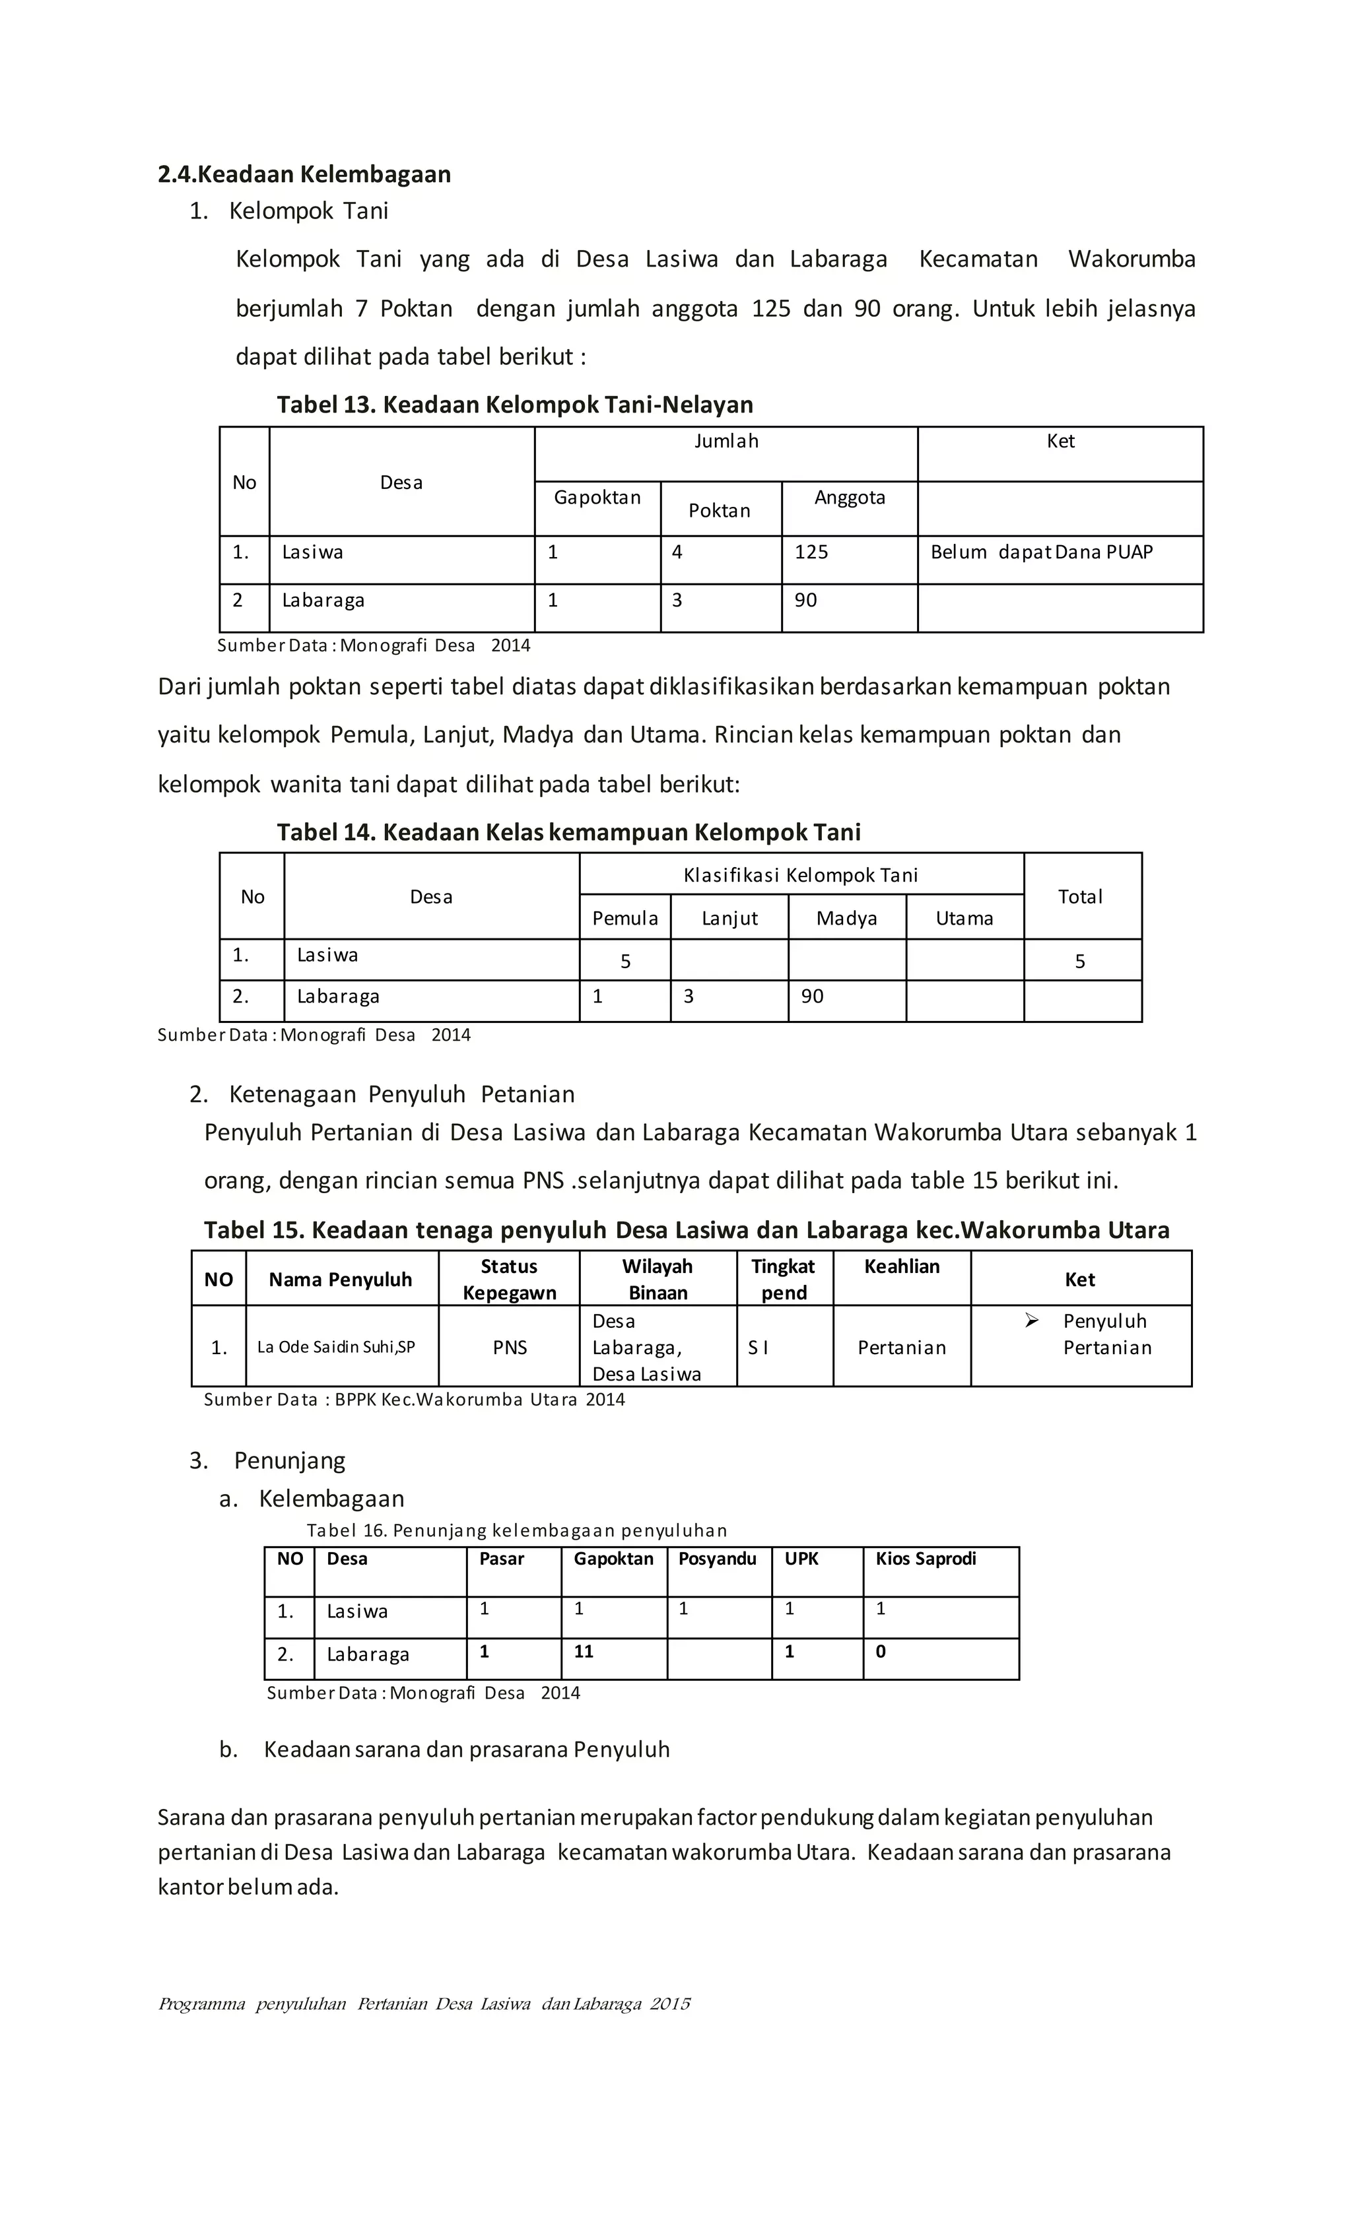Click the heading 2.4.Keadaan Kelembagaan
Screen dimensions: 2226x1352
pyautogui.click(x=304, y=174)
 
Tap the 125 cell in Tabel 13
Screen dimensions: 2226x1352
pyautogui.click(x=811, y=552)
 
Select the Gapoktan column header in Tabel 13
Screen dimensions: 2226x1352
pyautogui.click(x=597, y=498)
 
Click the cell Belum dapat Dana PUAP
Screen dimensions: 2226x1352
pyautogui.click(x=1041, y=552)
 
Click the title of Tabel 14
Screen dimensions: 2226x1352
pyautogui.click(x=568, y=832)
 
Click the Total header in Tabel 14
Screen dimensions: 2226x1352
pyautogui.click(x=1080, y=897)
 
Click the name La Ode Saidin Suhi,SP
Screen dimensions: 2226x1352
pyautogui.click(x=336, y=1347)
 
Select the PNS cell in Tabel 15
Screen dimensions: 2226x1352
pyautogui.click(x=510, y=1348)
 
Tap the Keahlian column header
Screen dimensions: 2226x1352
pyautogui.click(x=901, y=1266)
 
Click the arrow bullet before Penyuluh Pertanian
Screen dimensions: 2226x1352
pyautogui.click(x=1031, y=1321)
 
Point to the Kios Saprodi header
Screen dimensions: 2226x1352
pyautogui.click(x=926, y=1559)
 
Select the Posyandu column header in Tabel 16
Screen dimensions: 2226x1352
pyautogui.click(x=717, y=1559)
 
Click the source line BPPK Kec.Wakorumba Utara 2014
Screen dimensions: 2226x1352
pyautogui.click(x=414, y=1399)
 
